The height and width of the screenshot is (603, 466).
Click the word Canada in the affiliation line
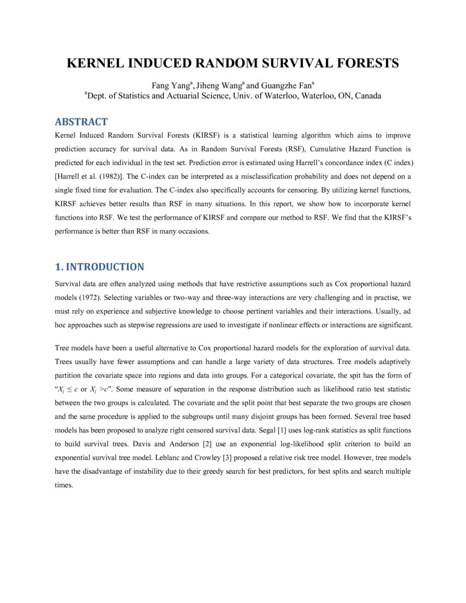pos(367,96)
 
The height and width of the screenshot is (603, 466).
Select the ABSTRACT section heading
pos(82,122)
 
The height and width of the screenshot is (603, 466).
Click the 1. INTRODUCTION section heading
pos(100,267)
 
